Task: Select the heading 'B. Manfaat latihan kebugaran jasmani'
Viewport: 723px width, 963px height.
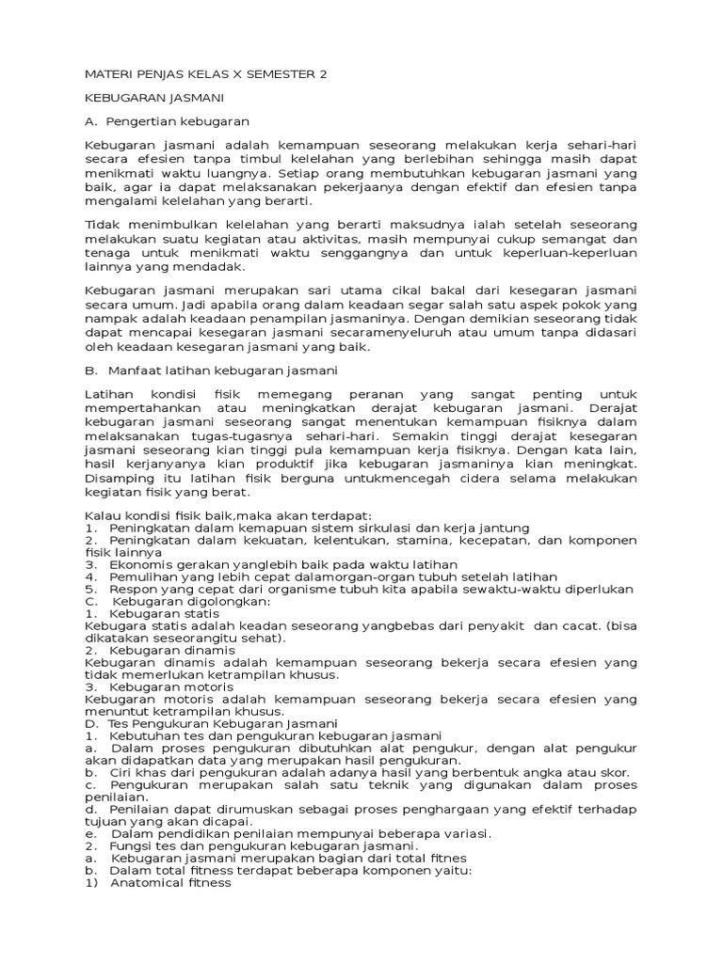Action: coord(203,371)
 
